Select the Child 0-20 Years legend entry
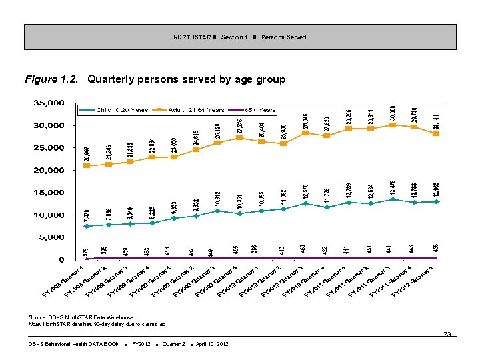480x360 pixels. click(114, 109)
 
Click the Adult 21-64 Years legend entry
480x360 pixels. click(187, 109)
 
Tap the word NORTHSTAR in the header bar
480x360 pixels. click(191, 37)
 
